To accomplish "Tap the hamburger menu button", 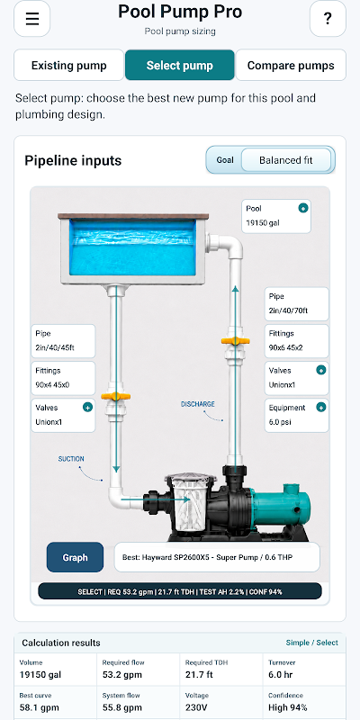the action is coord(32,19).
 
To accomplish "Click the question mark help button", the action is coord(328,19).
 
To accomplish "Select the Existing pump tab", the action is coord(69,65).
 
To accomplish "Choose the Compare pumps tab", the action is coord(291,65).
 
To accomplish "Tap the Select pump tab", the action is coord(179,65).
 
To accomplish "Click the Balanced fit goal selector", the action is coord(285,160).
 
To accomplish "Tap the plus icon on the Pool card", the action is coord(303,209).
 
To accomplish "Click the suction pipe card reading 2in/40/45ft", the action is coord(63,341).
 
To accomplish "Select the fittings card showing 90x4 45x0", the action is coord(63,378).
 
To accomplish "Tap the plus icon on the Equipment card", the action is coord(321,407).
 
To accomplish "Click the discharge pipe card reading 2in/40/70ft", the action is coord(297,303).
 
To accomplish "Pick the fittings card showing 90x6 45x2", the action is coord(297,341).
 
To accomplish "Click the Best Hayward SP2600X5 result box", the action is coord(217,557).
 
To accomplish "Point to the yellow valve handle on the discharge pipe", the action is coord(235,341).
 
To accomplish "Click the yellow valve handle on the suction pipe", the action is coord(116,396).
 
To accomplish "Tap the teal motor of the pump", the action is coord(281,505).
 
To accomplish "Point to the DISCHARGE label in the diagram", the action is coord(197,404).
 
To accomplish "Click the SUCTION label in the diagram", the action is coord(71,459).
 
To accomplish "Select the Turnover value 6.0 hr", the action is coord(282,675).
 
